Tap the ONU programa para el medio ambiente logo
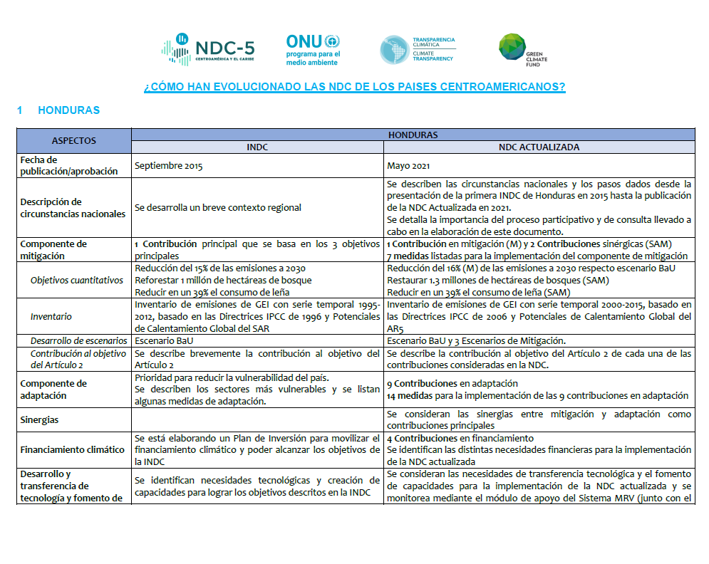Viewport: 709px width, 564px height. click(x=314, y=50)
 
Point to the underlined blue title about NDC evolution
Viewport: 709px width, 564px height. click(x=354, y=87)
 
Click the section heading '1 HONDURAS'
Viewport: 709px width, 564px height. click(x=58, y=110)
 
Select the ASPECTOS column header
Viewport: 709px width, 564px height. click(x=74, y=140)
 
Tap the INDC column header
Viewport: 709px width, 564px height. click(x=257, y=147)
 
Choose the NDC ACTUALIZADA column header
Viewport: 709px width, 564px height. click(x=539, y=147)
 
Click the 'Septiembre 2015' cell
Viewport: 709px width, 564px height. click(x=169, y=166)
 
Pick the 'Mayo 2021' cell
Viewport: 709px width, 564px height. click(x=408, y=166)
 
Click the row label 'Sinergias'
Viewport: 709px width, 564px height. click(x=40, y=420)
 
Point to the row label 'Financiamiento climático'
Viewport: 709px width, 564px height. click(x=73, y=449)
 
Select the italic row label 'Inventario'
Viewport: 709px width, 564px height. click(x=51, y=315)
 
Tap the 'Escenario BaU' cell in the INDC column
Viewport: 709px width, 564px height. click(x=163, y=340)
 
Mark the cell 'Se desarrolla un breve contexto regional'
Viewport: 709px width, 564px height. click(x=217, y=207)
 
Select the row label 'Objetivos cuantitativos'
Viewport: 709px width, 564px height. click(x=77, y=280)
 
